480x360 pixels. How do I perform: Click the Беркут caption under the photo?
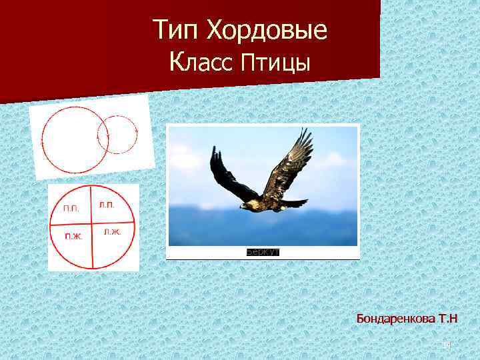click(262, 251)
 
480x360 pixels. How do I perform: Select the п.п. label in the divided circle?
click(71, 209)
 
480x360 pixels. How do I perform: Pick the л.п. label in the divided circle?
click(106, 205)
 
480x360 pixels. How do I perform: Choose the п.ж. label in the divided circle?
click(73, 235)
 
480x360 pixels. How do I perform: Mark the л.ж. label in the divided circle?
click(111, 232)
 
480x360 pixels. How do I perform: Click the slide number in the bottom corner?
click(447, 344)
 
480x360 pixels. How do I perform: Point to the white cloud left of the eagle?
click(190, 160)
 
